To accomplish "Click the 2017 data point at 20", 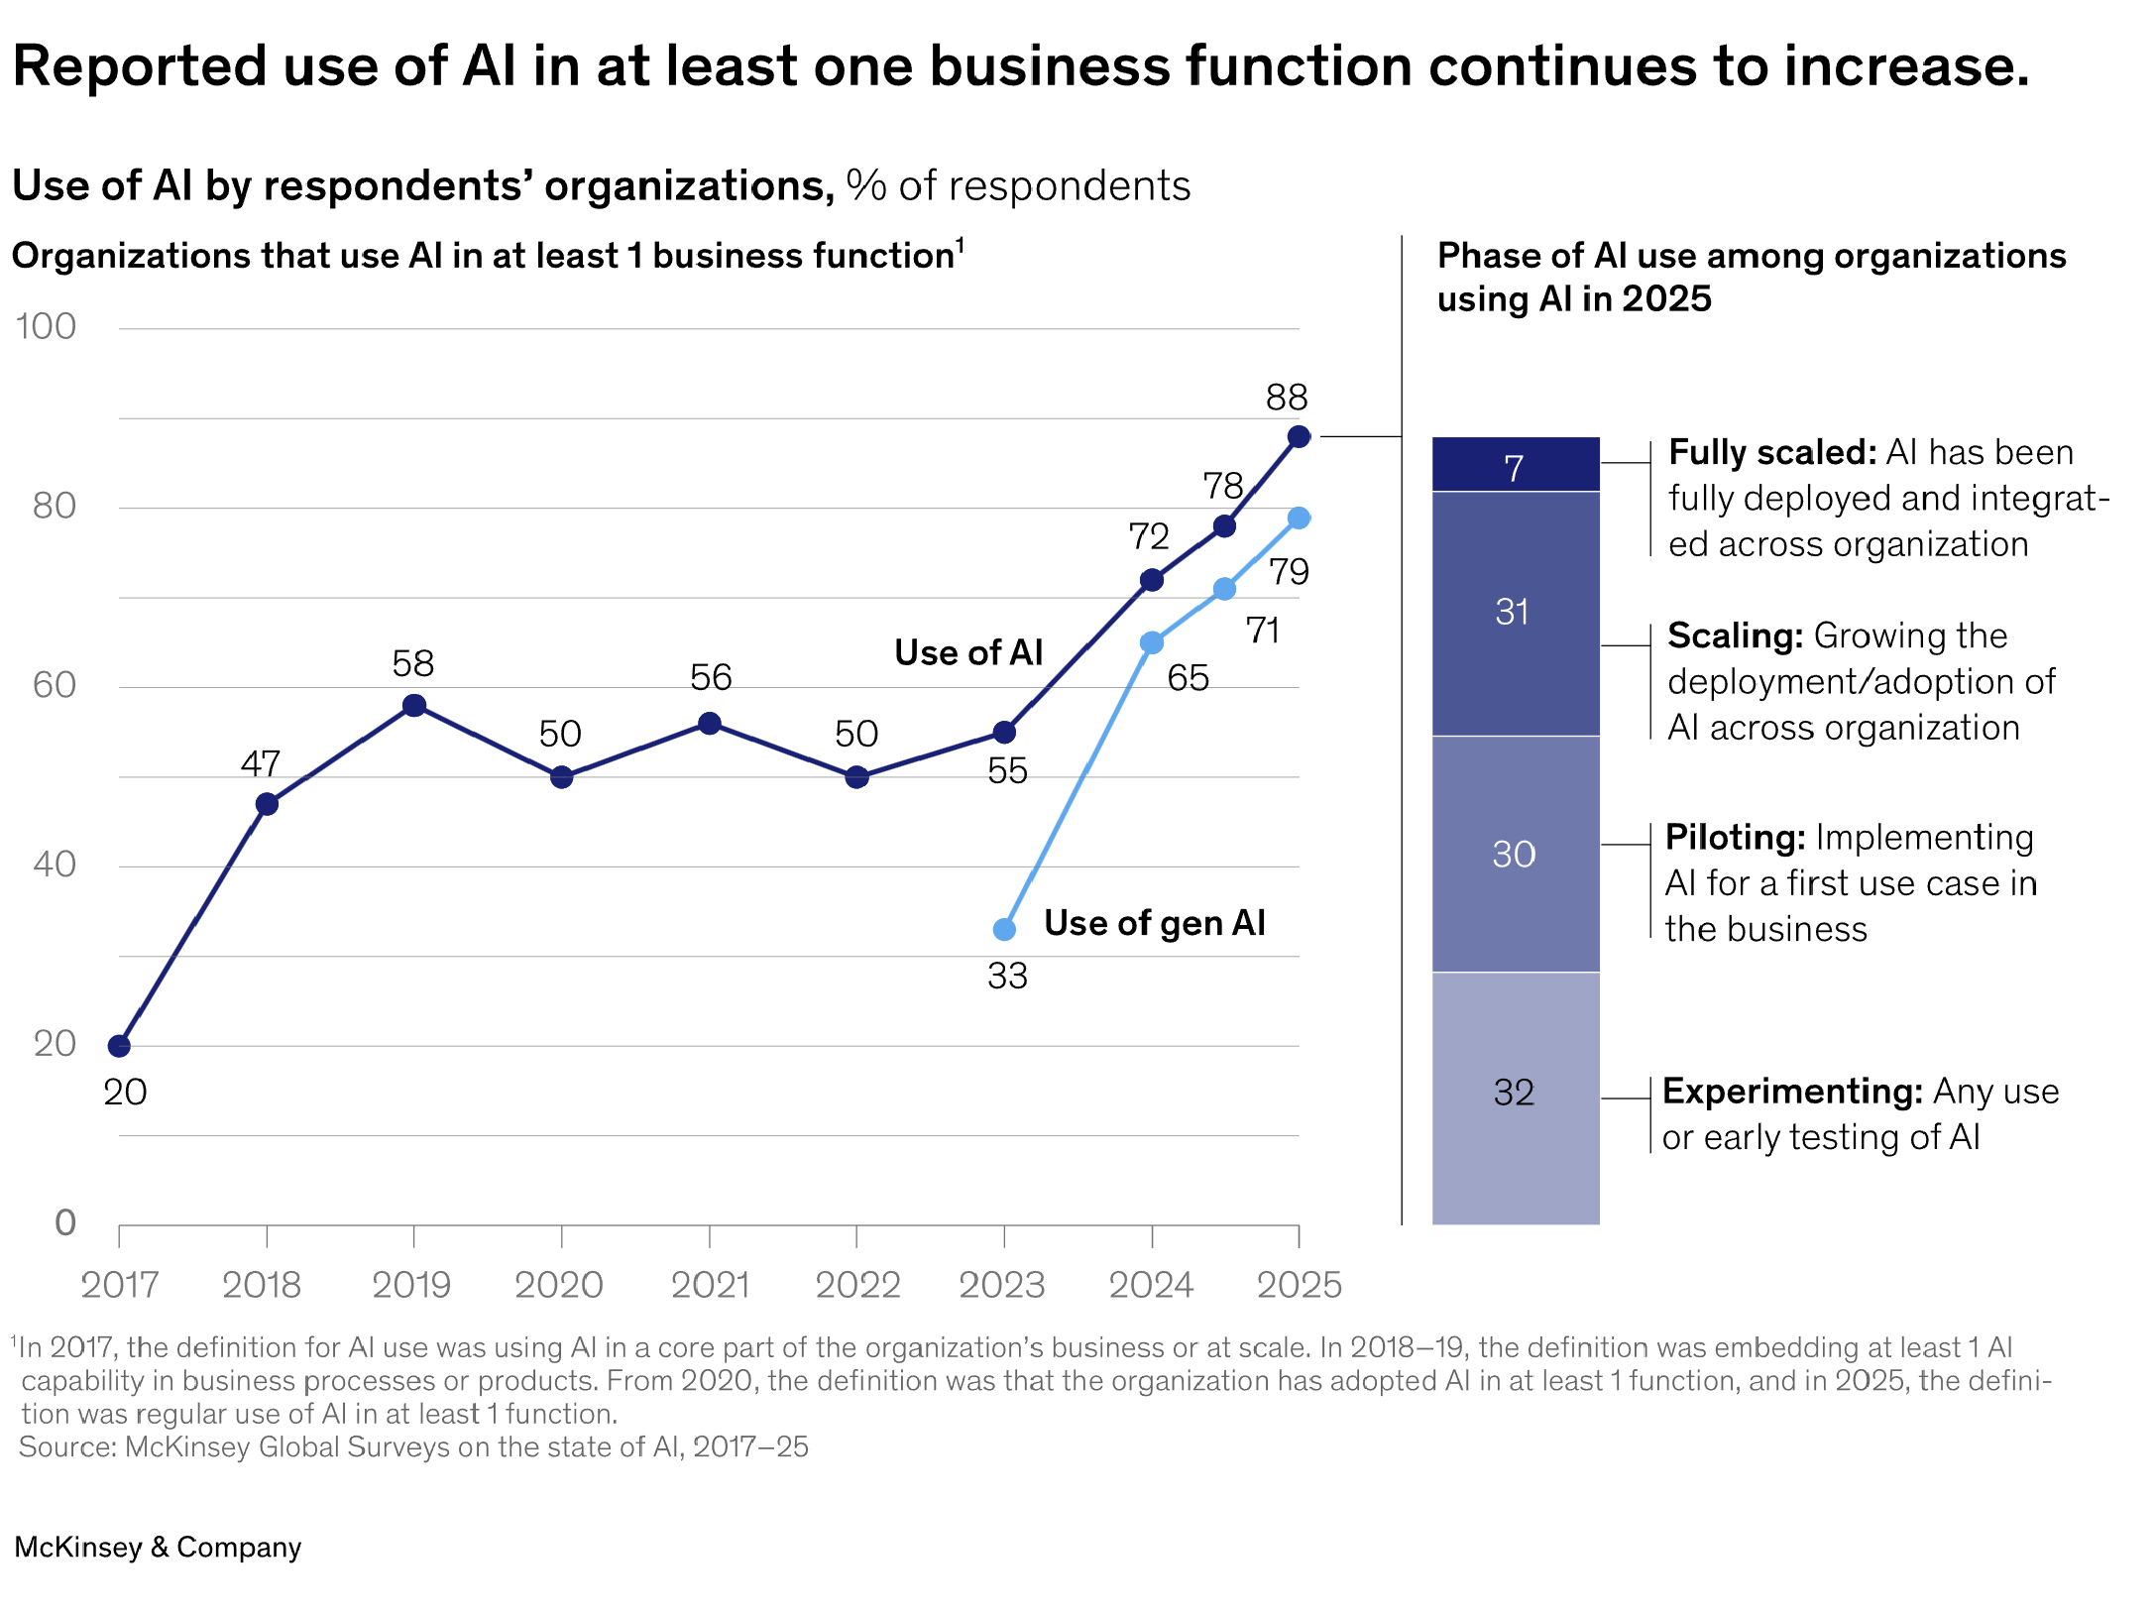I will [x=119, y=1045].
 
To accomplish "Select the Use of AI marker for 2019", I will [x=414, y=705].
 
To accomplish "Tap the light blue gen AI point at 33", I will [x=1004, y=929].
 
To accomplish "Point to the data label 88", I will [x=1287, y=398].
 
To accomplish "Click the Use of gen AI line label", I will [x=1154, y=923].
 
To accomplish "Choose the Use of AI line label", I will [x=968, y=652].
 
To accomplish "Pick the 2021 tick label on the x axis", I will [x=710, y=1285].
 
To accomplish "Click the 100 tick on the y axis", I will [x=46, y=326].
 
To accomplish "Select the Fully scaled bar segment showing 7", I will [x=1515, y=465].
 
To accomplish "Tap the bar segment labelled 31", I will [x=1515, y=613].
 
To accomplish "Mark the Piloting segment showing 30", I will [x=1515, y=854].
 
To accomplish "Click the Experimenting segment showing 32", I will [x=1515, y=1093].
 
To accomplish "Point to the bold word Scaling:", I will [x=1735, y=635].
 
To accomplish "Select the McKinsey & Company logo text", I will [x=158, y=1548].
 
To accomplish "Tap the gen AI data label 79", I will [x=1290, y=572].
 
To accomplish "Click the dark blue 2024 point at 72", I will [x=1151, y=580].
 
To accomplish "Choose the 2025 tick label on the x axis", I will [x=1299, y=1285].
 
